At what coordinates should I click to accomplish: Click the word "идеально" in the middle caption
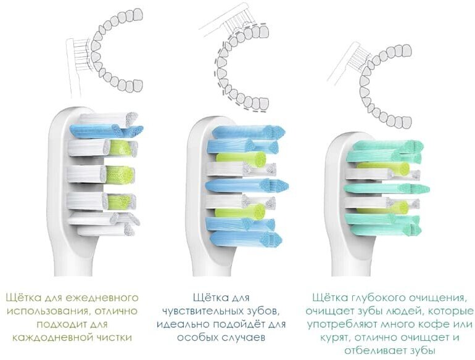tap(181, 324)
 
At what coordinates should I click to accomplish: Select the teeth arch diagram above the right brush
tap(386, 80)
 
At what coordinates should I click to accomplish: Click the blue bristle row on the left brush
tap(105, 130)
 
